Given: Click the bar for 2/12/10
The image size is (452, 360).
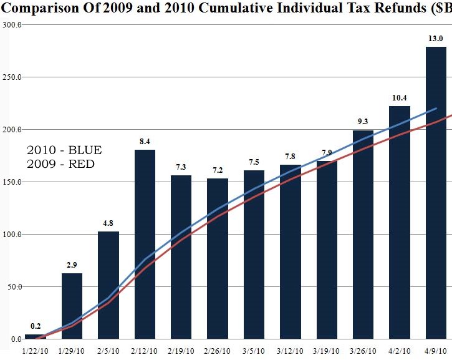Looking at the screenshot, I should [x=145, y=243].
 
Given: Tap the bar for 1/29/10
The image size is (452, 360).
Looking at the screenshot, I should [x=72, y=306].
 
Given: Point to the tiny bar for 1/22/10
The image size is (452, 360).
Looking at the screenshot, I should [x=35, y=336].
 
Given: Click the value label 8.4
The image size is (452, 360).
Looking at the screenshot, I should [x=145, y=142].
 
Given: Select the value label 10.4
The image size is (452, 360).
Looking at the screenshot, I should [x=399, y=98].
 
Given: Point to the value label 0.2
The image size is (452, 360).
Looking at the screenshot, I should [x=36, y=326].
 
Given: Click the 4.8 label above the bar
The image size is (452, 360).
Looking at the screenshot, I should [x=108, y=223].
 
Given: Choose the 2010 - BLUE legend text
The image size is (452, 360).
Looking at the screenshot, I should [x=64, y=150].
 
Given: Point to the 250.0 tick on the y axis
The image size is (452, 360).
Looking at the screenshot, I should [x=12, y=77].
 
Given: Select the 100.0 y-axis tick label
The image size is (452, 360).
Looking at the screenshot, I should [x=12, y=235].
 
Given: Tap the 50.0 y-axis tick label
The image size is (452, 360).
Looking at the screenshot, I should [x=14, y=287].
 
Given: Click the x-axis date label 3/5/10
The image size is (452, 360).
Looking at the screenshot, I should [x=254, y=351].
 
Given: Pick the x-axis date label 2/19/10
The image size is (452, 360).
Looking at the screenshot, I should [x=181, y=351].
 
